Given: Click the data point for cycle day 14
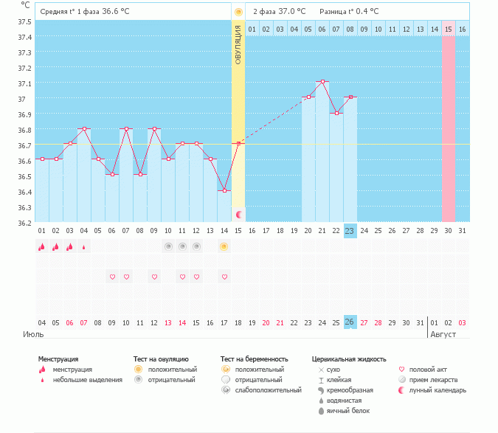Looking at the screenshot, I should pyautogui.click(x=224, y=190).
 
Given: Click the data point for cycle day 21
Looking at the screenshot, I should pyautogui.click(x=322, y=82).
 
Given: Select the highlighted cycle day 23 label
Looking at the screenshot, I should pyautogui.click(x=350, y=231).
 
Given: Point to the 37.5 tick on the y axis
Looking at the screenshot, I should pyautogui.click(x=24, y=21).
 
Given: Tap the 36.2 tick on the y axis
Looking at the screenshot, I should pyautogui.click(x=24, y=223).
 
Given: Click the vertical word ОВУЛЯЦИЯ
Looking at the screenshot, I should pyautogui.click(x=238, y=45).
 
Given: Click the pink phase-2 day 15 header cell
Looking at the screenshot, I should pyautogui.click(x=448, y=29).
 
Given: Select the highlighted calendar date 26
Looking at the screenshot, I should pyautogui.click(x=350, y=322).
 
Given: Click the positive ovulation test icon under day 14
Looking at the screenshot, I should pyautogui.click(x=224, y=246).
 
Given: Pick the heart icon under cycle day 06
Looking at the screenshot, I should pyautogui.click(x=112, y=277).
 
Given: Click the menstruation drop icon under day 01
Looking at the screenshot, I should pyautogui.click(x=42, y=246).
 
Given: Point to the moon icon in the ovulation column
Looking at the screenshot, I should pyautogui.click(x=238, y=214).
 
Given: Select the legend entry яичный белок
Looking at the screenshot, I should pyautogui.click(x=344, y=410).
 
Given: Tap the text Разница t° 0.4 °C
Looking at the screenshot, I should pyautogui.click(x=349, y=12).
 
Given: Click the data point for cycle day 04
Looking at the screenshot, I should pyautogui.click(x=84, y=128).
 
